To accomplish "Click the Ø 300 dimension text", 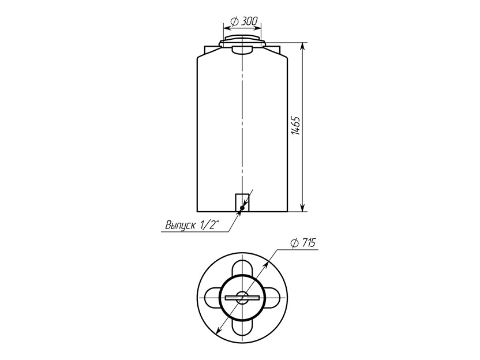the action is click(x=245, y=21).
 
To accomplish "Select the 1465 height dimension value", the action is click(x=295, y=126).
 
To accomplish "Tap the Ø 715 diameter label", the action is click(x=303, y=243).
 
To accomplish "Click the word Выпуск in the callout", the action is click(x=181, y=226).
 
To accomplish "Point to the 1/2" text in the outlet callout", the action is click(x=211, y=225).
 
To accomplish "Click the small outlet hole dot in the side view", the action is click(x=242, y=208).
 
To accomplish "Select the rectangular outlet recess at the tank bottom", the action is click(x=242, y=202).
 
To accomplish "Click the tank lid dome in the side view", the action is click(x=242, y=42).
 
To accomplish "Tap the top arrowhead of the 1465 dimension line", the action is click(x=302, y=46).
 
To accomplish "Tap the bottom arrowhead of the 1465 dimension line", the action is click(x=302, y=208).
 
